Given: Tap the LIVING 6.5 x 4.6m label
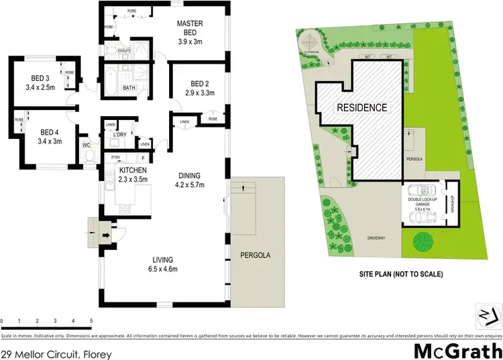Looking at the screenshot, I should pyautogui.click(x=163, y=264).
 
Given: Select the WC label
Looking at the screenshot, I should pyautogui.click(x=86, y=145).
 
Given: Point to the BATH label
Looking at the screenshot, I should pyautogui.click(x=129, y=88).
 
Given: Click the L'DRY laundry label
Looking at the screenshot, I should pyautogui.click(x=120, y=135).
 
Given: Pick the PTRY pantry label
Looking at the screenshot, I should pyautogui.click(x=116, y=158).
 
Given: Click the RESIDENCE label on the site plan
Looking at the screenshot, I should pyautogui.click(x=361, y=107).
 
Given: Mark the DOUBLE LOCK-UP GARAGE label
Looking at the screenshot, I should pyautogui.click(x=423, y=199).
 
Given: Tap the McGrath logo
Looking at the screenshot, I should pyautogui.click(x=456, y=351).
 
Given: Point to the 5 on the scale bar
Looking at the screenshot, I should pyautogui.click(x=91, y=321).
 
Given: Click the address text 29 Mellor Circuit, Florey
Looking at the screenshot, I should pyautogui.click(x=56, y=353).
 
